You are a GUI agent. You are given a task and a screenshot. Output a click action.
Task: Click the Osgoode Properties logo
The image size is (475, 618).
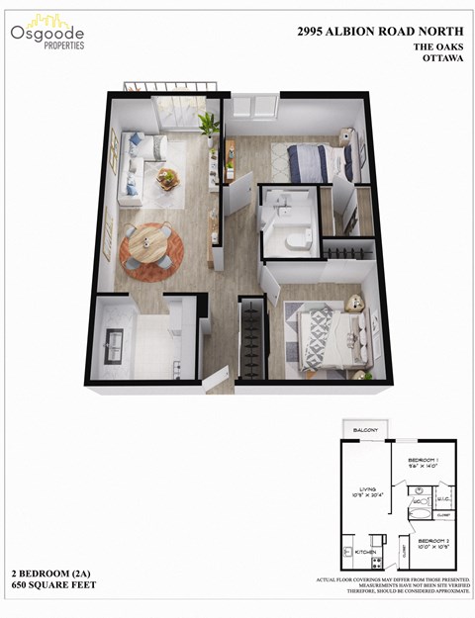47,33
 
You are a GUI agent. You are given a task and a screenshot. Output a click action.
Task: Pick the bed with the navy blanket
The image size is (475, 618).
317,158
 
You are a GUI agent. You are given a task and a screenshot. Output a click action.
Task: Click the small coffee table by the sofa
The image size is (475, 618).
168,179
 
